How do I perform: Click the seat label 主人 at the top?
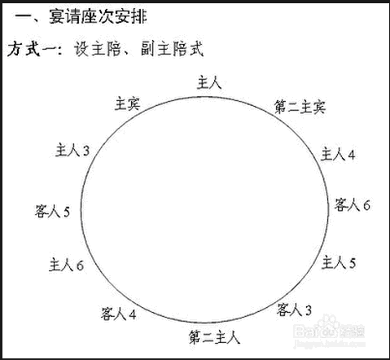coord(209,83)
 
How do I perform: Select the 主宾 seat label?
coord(127,103)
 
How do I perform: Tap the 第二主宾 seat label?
coord(300,107)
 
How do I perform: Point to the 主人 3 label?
coord(72,150)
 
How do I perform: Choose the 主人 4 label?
coord(338,154)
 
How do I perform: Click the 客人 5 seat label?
coord(52,211)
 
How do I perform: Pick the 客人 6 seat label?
coord(352,204)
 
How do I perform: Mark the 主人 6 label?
coord(66,265)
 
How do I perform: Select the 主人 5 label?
coord(339,262)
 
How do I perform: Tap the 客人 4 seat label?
coord(118,314)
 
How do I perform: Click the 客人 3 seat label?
coord(294,310)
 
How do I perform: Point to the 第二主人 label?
coord(214,337)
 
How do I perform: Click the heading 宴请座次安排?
coord(98,16)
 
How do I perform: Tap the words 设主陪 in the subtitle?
coord(97,49)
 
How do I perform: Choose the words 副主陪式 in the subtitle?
coord(172,49)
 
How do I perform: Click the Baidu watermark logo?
coord(329,331)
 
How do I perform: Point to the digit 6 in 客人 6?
coord(366,205)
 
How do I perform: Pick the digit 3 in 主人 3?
coord(86,151)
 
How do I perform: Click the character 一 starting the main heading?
coord(24,17)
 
